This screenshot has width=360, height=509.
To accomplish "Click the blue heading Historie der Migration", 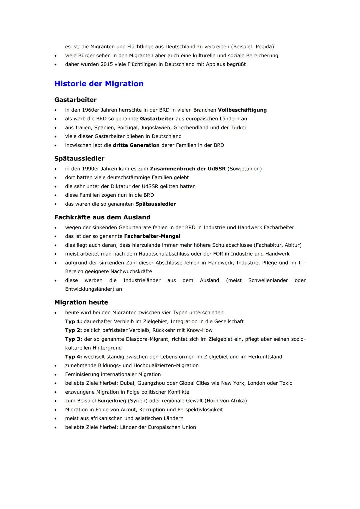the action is click(x=99, y=84).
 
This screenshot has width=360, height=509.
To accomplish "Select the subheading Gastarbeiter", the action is click(x=75, y=100).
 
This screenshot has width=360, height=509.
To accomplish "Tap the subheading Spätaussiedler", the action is click(x=79, y=158).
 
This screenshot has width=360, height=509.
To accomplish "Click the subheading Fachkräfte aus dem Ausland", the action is click(x=102, y=217).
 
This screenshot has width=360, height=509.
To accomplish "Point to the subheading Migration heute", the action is click(x=81, y=302).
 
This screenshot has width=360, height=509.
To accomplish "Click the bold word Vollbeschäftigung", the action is click(x=242, y=110).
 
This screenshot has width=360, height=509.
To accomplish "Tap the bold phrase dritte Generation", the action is click(x=136, y=145).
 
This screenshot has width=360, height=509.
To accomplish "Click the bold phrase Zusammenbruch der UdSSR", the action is click(x=188, y=169).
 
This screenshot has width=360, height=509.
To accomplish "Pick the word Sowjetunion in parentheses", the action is click(x=244, y=169).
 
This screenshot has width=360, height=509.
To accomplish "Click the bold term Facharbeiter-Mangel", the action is click(x=152, y=236).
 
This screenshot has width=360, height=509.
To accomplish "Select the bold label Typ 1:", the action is click(x=73, y=322).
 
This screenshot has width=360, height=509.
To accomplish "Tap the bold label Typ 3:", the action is click(x=73, y=339).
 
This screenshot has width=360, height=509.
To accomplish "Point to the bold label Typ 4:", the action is click(x=73, y=357).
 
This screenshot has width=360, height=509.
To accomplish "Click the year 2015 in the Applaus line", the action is click(x=107, y=64).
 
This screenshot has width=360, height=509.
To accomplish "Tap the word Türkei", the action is click(x=238, y=128).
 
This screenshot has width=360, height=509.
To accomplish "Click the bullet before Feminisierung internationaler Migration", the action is click(x=56, y=375).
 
